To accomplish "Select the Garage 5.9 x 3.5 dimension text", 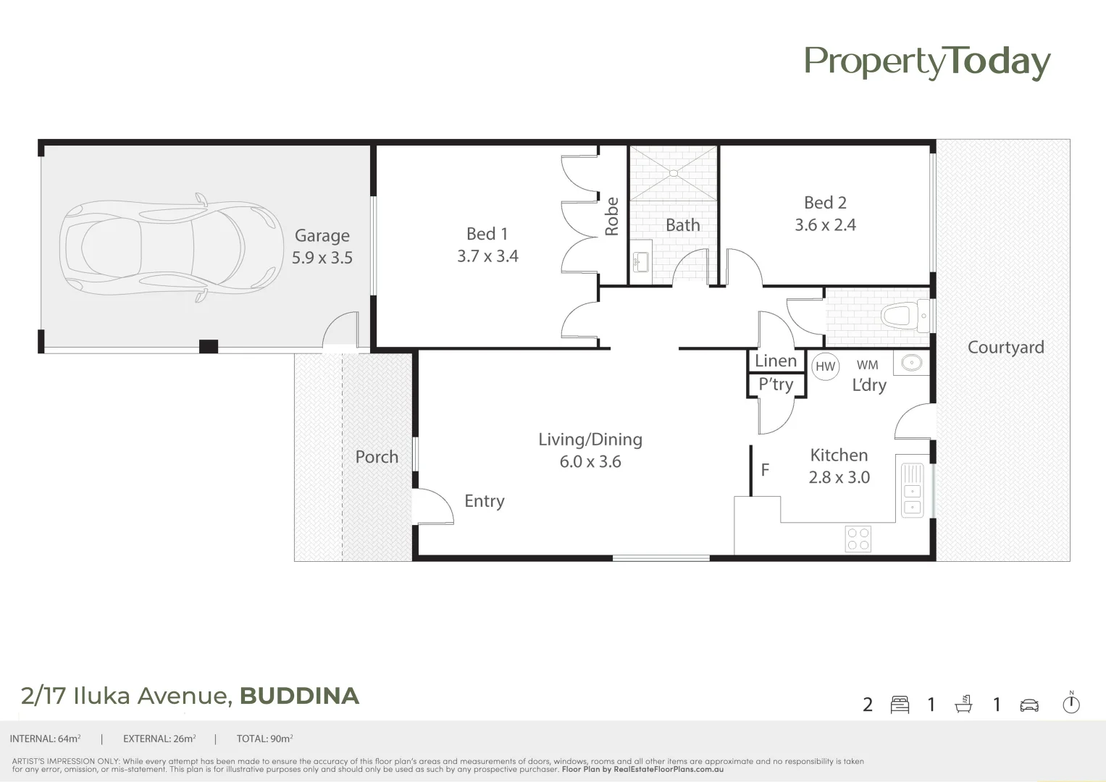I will click(322, 258).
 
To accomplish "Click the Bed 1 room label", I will click(487, 234).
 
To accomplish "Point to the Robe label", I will click(612, 216).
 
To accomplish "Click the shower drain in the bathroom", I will click(674, 173).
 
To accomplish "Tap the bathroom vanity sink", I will click(640, 261).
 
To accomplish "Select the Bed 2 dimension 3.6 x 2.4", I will click(825, 225).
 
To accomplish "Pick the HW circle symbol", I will click(825, 366).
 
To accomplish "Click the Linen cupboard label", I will click(776, 361).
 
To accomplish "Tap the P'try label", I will click(776, 384).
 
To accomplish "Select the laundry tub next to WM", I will click(911, 363).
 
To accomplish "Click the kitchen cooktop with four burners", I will click(858, 539).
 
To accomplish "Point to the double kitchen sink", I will click(913, 490).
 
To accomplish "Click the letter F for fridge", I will click(765, 471).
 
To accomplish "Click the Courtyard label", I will click(1005, 348).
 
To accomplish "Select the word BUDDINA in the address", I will click(299, 696).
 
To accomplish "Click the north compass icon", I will click(1071, 703).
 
